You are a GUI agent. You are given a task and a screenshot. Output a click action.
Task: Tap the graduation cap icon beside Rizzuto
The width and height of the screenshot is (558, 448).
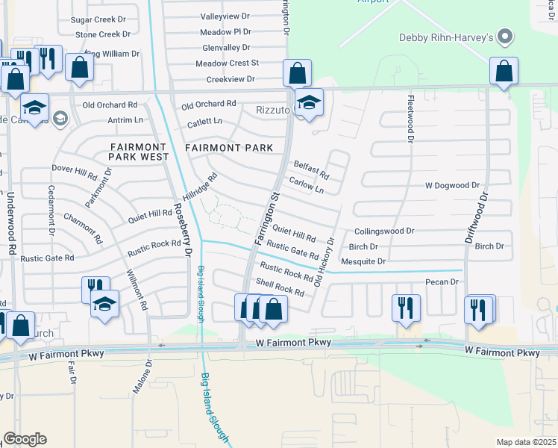(x=308, y=102)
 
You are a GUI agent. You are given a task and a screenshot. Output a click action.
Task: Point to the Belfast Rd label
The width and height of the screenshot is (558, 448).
(x=311, y=169)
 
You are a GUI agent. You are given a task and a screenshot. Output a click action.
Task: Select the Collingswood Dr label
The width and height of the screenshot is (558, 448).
(x=383, y=231)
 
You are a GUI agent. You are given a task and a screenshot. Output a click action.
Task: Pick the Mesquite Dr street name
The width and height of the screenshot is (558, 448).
(x=363, y=261)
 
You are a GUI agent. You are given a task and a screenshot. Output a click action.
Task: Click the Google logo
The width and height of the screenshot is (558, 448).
(x=25, y=438)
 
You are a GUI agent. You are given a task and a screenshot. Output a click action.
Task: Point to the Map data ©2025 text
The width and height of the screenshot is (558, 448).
(x=526, y=442)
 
